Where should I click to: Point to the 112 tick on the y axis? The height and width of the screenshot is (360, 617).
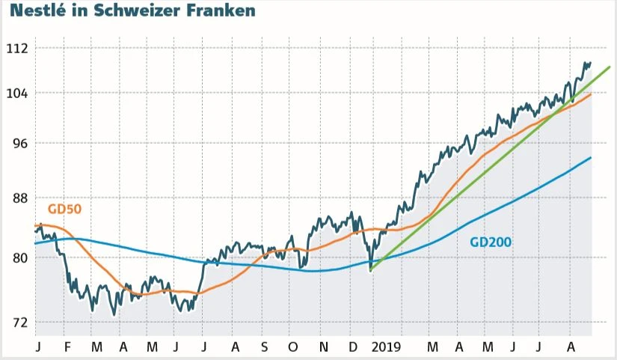pyautogui.click(x=16, y=49)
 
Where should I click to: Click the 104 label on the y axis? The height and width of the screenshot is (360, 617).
pyautogui.click(x=16, y=94)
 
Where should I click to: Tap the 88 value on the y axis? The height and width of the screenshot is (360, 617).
pyautogui.click(x=18, y=198)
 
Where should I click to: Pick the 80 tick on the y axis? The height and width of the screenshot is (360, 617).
pyautogui.click(x=18, y=258)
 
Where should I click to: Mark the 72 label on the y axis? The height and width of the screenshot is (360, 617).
pyautogui.click(x=18, y=323)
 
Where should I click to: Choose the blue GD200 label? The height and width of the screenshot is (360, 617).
pyautogui.click(x=490, y=242)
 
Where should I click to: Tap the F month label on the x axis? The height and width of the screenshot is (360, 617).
pyautogui.click(x=67, y=348)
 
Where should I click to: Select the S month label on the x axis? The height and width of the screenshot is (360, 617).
pyautogui.click(x=264, y=348)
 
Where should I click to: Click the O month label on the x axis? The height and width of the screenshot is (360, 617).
pyautogui.click(x=293, y=348)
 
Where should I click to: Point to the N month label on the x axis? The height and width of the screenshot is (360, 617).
pyautogui.click(x=323, y=348)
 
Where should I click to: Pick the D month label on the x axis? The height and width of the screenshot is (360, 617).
pyautogui.click(x=352, y=348)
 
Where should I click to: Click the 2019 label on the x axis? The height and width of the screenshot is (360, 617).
pyautogui.click(x=386, y=348)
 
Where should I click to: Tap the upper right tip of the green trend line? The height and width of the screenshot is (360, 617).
pyautogui.click(x=610, y=67)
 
